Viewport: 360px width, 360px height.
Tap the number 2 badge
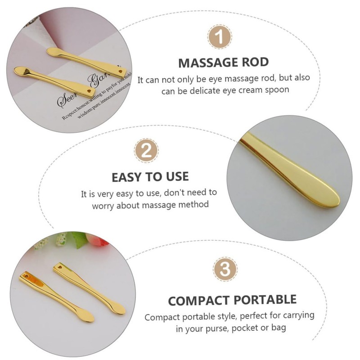coord(147,150)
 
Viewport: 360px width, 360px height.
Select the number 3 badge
coord(225,270)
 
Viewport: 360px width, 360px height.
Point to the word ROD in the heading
coord(255,63)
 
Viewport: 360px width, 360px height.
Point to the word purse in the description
coord(218,328)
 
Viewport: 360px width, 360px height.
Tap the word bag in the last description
coord(278,328)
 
